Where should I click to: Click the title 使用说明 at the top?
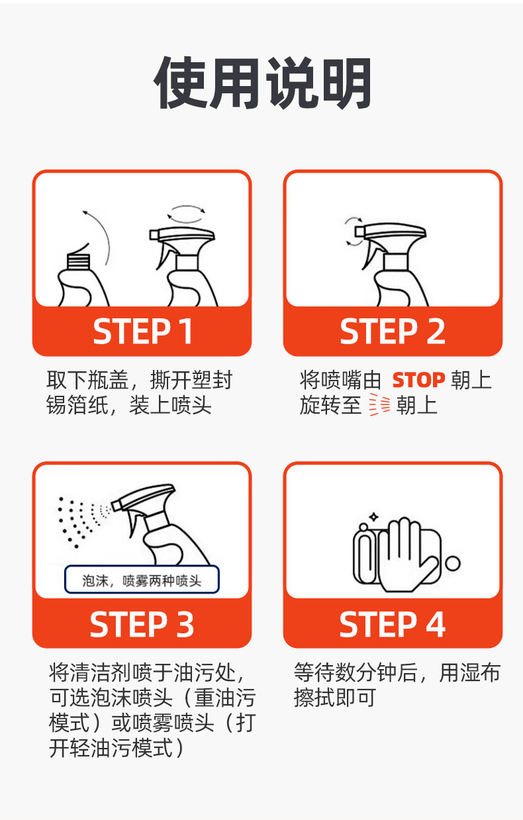coord(262,83)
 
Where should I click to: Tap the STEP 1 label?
coord(143,331)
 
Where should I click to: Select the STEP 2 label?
coord(393,331)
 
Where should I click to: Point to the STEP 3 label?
coord(142,624)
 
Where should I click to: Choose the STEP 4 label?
coord(392,624)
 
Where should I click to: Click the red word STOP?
coord(418,380)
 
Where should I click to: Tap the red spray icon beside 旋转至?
coord(380,404)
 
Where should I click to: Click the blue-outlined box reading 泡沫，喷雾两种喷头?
coord(142,579)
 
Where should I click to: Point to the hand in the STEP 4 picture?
coord(406,555)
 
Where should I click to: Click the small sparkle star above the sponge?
coord(373,517)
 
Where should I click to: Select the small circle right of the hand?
coord(453,563)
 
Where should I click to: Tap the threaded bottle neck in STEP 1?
coord(78,261)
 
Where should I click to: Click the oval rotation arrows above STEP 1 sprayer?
coord(186,214)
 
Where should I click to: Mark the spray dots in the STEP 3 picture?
coord(82,522)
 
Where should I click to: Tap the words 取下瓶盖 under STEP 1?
coord(87,380)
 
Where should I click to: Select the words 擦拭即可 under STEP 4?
coord(335,698)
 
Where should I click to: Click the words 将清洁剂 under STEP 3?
coord(91,672)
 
